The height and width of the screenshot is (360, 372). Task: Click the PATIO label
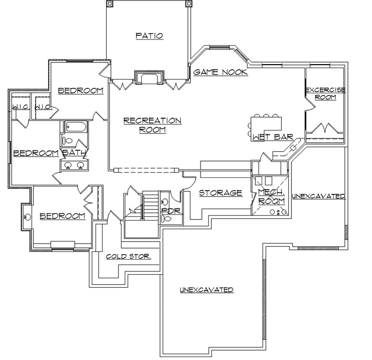149,36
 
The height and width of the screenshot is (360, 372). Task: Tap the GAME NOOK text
221,72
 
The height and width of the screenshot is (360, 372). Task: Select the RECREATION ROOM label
152,125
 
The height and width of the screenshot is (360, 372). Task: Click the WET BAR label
272,137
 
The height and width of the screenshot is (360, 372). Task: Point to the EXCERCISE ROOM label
325,93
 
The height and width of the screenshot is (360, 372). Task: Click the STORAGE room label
220,193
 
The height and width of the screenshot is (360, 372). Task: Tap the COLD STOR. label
128,256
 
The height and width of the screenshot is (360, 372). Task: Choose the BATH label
74,152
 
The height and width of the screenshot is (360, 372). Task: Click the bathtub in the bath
76,126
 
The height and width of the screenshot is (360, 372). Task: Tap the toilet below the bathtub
68,140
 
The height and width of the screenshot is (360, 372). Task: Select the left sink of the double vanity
68,165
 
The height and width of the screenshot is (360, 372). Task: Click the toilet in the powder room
167,218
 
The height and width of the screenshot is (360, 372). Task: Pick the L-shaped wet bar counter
265,123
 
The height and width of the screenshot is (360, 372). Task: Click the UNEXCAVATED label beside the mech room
318,196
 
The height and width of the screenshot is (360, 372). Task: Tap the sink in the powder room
164,201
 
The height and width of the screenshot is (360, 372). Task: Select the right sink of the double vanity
80,165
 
